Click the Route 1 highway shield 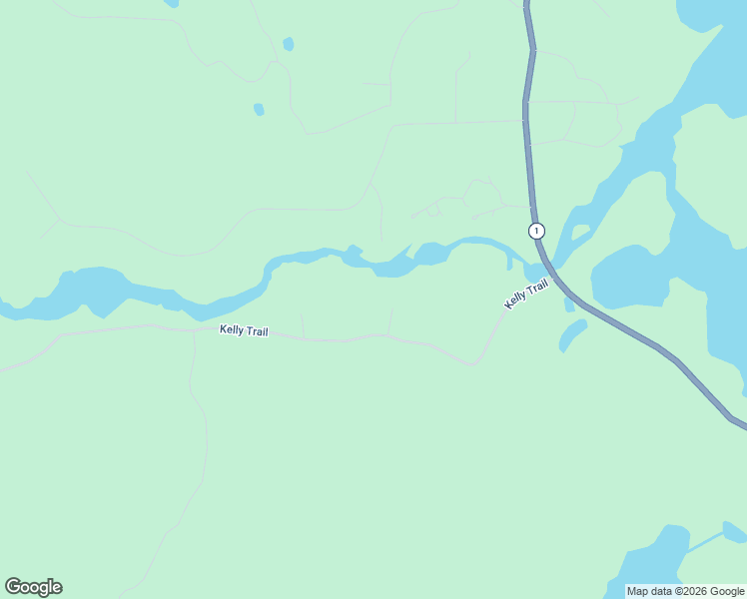(537, 231)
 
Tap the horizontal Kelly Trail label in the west (244, 330)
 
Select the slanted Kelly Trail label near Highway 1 (526, 295)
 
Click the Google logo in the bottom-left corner (33, 587)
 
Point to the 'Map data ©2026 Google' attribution (686, 591)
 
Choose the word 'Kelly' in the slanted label (516, 300)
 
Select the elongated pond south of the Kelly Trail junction (572, 336)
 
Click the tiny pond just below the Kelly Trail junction (569, 303)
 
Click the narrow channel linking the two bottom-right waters (705, 542)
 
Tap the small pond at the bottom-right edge (735, 531)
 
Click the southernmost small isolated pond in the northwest (259, 109)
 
